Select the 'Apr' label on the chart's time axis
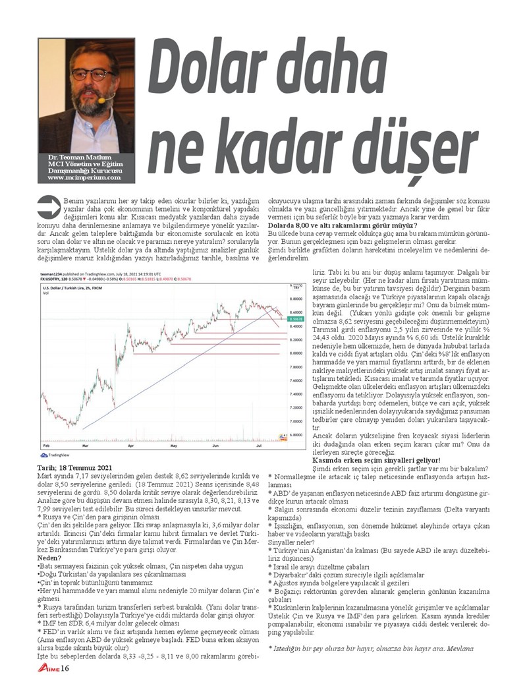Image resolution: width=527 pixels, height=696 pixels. pos(130,446)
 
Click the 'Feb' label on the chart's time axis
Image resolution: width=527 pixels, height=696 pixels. pos(45,446)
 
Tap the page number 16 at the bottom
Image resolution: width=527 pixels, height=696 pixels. pos(65,669)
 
